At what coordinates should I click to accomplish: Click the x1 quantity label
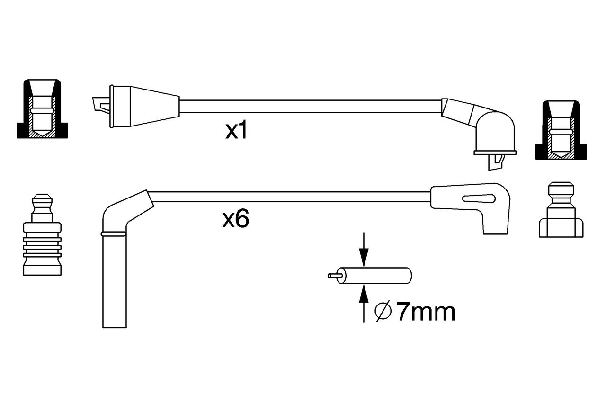[x=236, y=131]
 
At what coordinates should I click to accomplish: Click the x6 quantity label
[x=235, y=219]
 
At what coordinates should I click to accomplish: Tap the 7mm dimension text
[x=425, y=312]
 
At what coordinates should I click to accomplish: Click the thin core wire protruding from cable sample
[x=333, y=275]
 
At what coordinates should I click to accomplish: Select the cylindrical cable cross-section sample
[x=376, y=276]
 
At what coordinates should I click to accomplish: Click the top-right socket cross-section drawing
[x=561, y=130]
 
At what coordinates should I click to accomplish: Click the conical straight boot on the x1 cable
[x=147, y=106]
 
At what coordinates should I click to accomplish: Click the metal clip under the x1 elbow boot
[x=495, y=162]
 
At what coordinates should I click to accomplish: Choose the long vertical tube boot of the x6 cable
[x=115, y=279]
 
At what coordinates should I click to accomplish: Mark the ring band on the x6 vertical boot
[x=114, y=234]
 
